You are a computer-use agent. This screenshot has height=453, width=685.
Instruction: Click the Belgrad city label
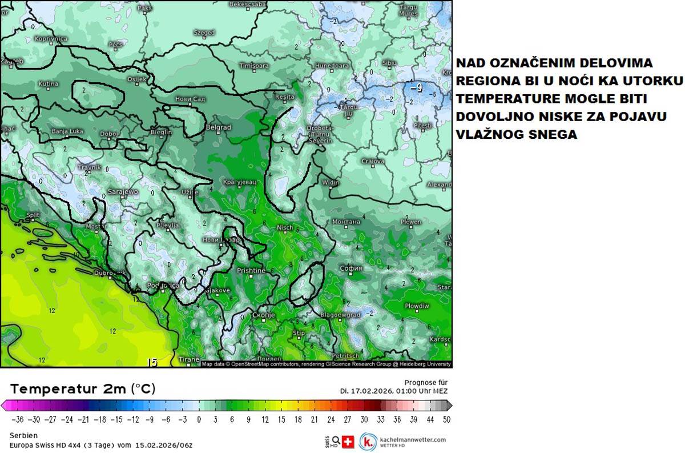[x=218, y=127]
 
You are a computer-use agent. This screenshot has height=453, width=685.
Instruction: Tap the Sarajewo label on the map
[x=123, y=192]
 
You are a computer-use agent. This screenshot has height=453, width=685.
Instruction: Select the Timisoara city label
[x=253, y=66]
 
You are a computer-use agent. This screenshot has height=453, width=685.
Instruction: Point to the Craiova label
[x=372, y=162]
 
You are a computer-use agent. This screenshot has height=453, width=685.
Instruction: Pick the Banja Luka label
[x=67, y=131]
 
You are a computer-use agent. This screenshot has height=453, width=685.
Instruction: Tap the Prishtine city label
[x=251, y=270]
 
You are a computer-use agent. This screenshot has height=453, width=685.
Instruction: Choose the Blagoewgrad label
[x=340, y=315]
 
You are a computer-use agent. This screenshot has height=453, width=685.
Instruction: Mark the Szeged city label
[x=204, y=33]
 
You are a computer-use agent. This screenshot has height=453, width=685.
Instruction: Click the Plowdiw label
[x=417, y=306]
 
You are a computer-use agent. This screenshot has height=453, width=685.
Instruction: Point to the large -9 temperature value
[x=416, y=87]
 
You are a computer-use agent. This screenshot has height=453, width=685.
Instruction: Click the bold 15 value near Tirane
[x=152, y=362]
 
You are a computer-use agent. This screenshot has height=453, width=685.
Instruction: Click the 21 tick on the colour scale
[x=314, y=419]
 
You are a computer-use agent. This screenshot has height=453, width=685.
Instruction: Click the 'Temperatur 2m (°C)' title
[x=83, y=389]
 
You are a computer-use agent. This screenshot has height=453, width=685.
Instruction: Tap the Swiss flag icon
[x=348, y=442]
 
